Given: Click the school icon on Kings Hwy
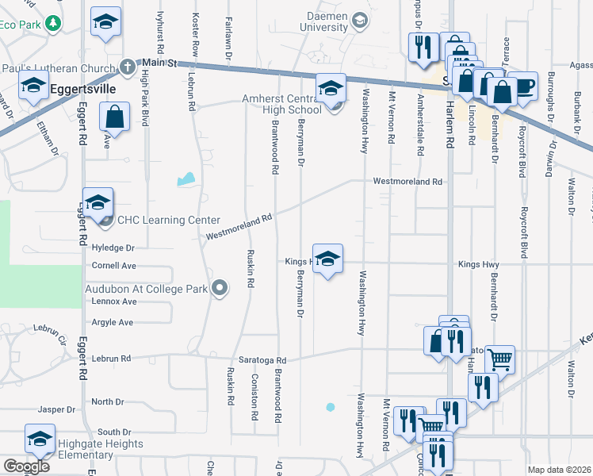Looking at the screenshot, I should click(x=327, y=259).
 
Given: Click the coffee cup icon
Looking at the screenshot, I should click(x=522, y=86).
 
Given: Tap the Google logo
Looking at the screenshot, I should click(x=25, y=466).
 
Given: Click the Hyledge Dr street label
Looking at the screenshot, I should click(x=113, y=248).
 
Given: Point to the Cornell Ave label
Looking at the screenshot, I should click(x=114, y=266).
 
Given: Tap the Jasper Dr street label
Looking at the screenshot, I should click(x=55, y=410).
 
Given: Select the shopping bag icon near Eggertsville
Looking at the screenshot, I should click(x=115, y=117).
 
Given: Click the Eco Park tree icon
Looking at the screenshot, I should click(x=53, y=24).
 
